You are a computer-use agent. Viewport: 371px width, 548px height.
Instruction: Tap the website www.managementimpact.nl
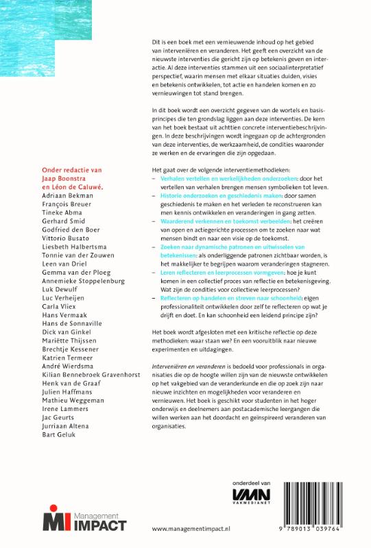click(189, 529)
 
